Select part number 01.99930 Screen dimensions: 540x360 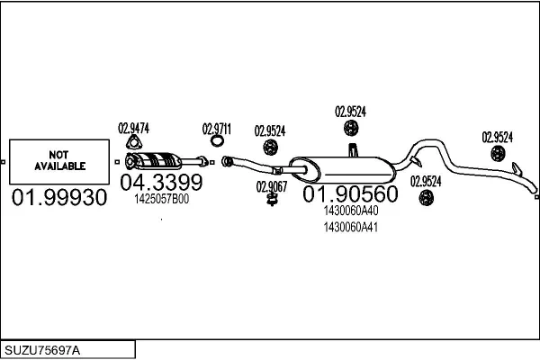[59, 198]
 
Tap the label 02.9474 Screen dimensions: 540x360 [133, 129]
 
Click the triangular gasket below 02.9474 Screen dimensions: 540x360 [134, 143]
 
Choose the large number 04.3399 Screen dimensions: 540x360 [161, 182]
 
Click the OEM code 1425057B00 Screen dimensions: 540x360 [161, 199]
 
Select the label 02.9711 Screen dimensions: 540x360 [217, 130]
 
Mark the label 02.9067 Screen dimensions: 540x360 [272, 186]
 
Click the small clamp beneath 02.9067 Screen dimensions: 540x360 [272, 200]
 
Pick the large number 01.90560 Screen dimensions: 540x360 [350, 194]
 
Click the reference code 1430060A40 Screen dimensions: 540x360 [351, 211]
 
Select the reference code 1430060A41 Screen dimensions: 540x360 [351, 228]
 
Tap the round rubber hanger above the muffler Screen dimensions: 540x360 [351, 128]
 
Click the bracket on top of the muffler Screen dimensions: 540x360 [353, 150]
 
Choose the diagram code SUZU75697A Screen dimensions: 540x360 [42, 350]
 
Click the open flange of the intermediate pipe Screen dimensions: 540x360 [226, 161]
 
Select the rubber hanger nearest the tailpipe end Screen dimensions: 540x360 [498, 153]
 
